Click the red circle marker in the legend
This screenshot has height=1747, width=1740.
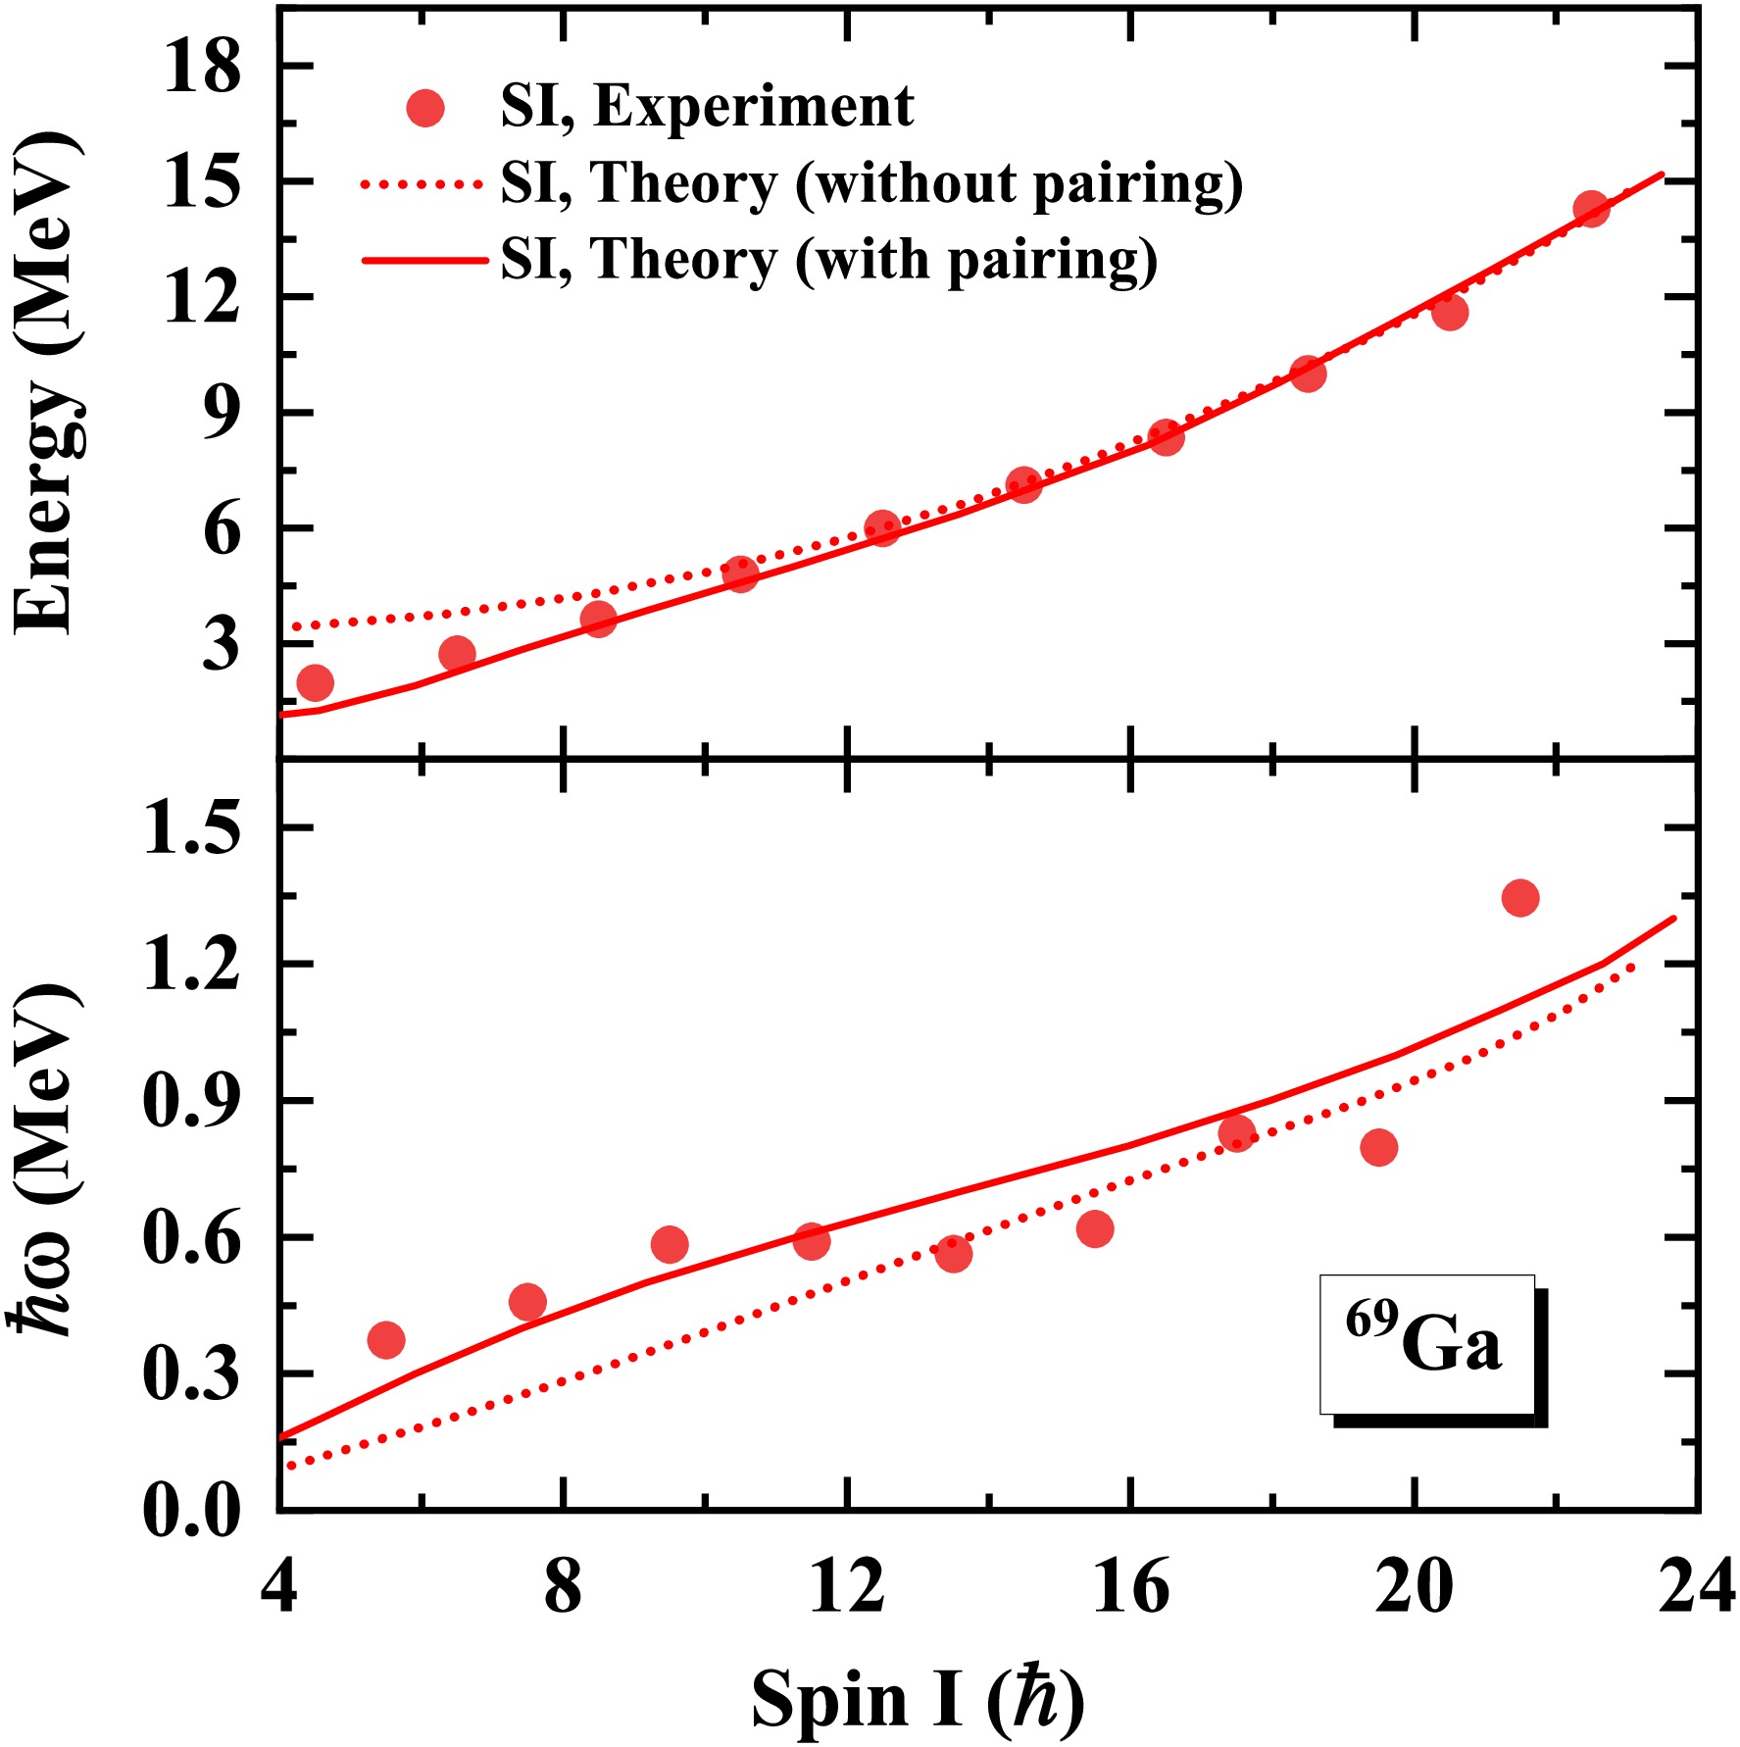[425, 107]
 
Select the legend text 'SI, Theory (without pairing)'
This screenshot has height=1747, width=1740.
[871, 183]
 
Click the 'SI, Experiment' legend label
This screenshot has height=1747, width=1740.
[707, 106]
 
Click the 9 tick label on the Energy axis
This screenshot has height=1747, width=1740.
[221, 413]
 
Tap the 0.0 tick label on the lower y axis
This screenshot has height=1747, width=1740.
[191, 1510]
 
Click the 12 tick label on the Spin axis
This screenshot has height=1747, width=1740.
[846, 1587]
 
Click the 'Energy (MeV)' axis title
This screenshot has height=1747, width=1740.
[47, 382]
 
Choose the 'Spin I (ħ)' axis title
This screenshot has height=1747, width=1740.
[919, 1699]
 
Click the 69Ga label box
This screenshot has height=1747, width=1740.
[1426, 1343]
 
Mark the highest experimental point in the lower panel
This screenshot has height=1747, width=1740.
[1519, 897]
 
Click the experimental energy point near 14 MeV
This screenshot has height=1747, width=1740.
[1591, 209]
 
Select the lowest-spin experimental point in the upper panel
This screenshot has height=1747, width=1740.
[315, 682]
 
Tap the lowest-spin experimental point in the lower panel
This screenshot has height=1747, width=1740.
[386, 1340]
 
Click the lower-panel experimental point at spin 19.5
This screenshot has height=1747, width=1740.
[1378, 1147]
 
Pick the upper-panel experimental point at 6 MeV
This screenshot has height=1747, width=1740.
[882, 528]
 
